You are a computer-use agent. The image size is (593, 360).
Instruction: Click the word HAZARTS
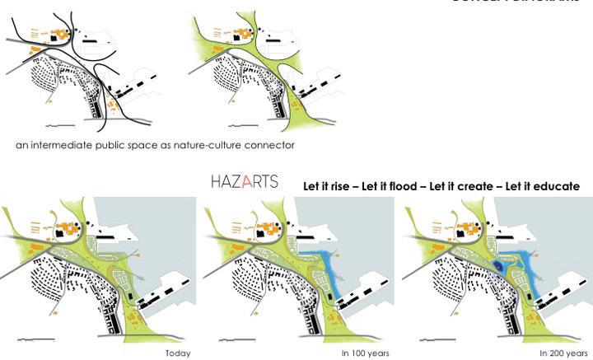245,181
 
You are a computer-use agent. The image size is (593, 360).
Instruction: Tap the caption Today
177,353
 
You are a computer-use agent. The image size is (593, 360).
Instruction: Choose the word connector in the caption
271,145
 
